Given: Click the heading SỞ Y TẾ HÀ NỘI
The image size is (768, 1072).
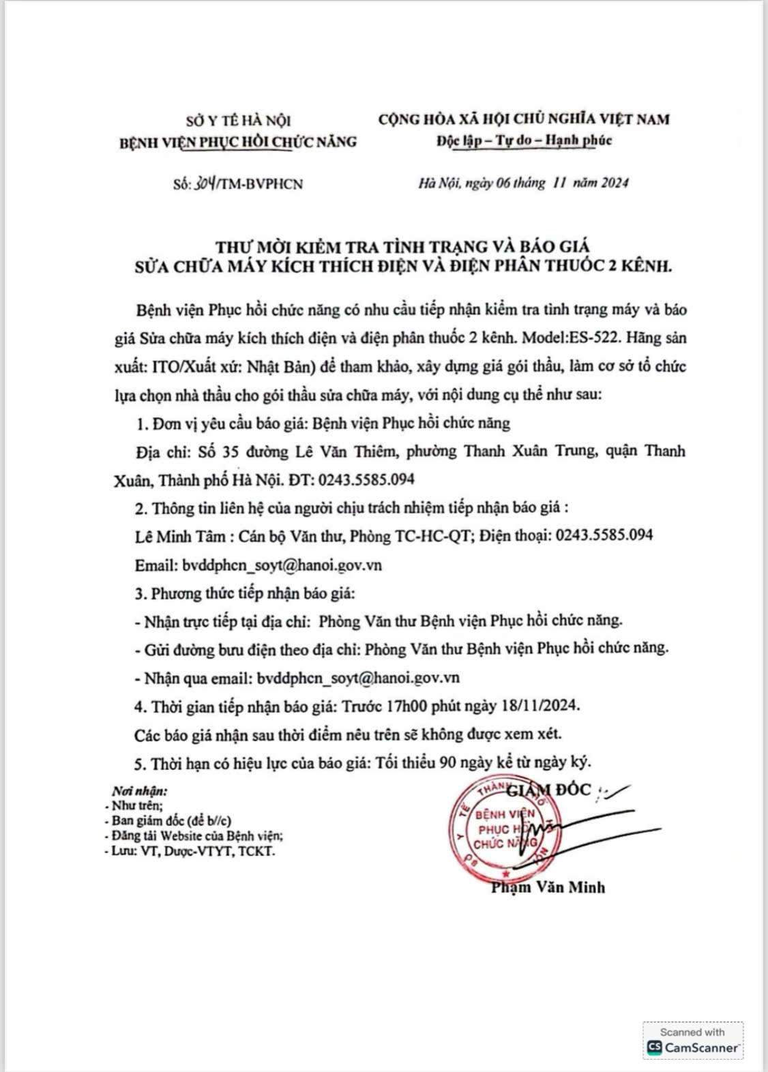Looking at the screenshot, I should (x=238, y=121).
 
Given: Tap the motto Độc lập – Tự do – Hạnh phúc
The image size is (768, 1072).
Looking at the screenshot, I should (x=524, y=141).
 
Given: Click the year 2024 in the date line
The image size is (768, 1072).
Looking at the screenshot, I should (x=614, y=183).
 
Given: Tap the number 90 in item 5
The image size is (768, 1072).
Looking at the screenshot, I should (x=447, y=762).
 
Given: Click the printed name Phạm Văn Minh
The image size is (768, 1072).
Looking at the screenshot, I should (x=547, y=887).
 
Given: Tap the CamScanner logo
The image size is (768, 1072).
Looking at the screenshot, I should (x=693, y=1047).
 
